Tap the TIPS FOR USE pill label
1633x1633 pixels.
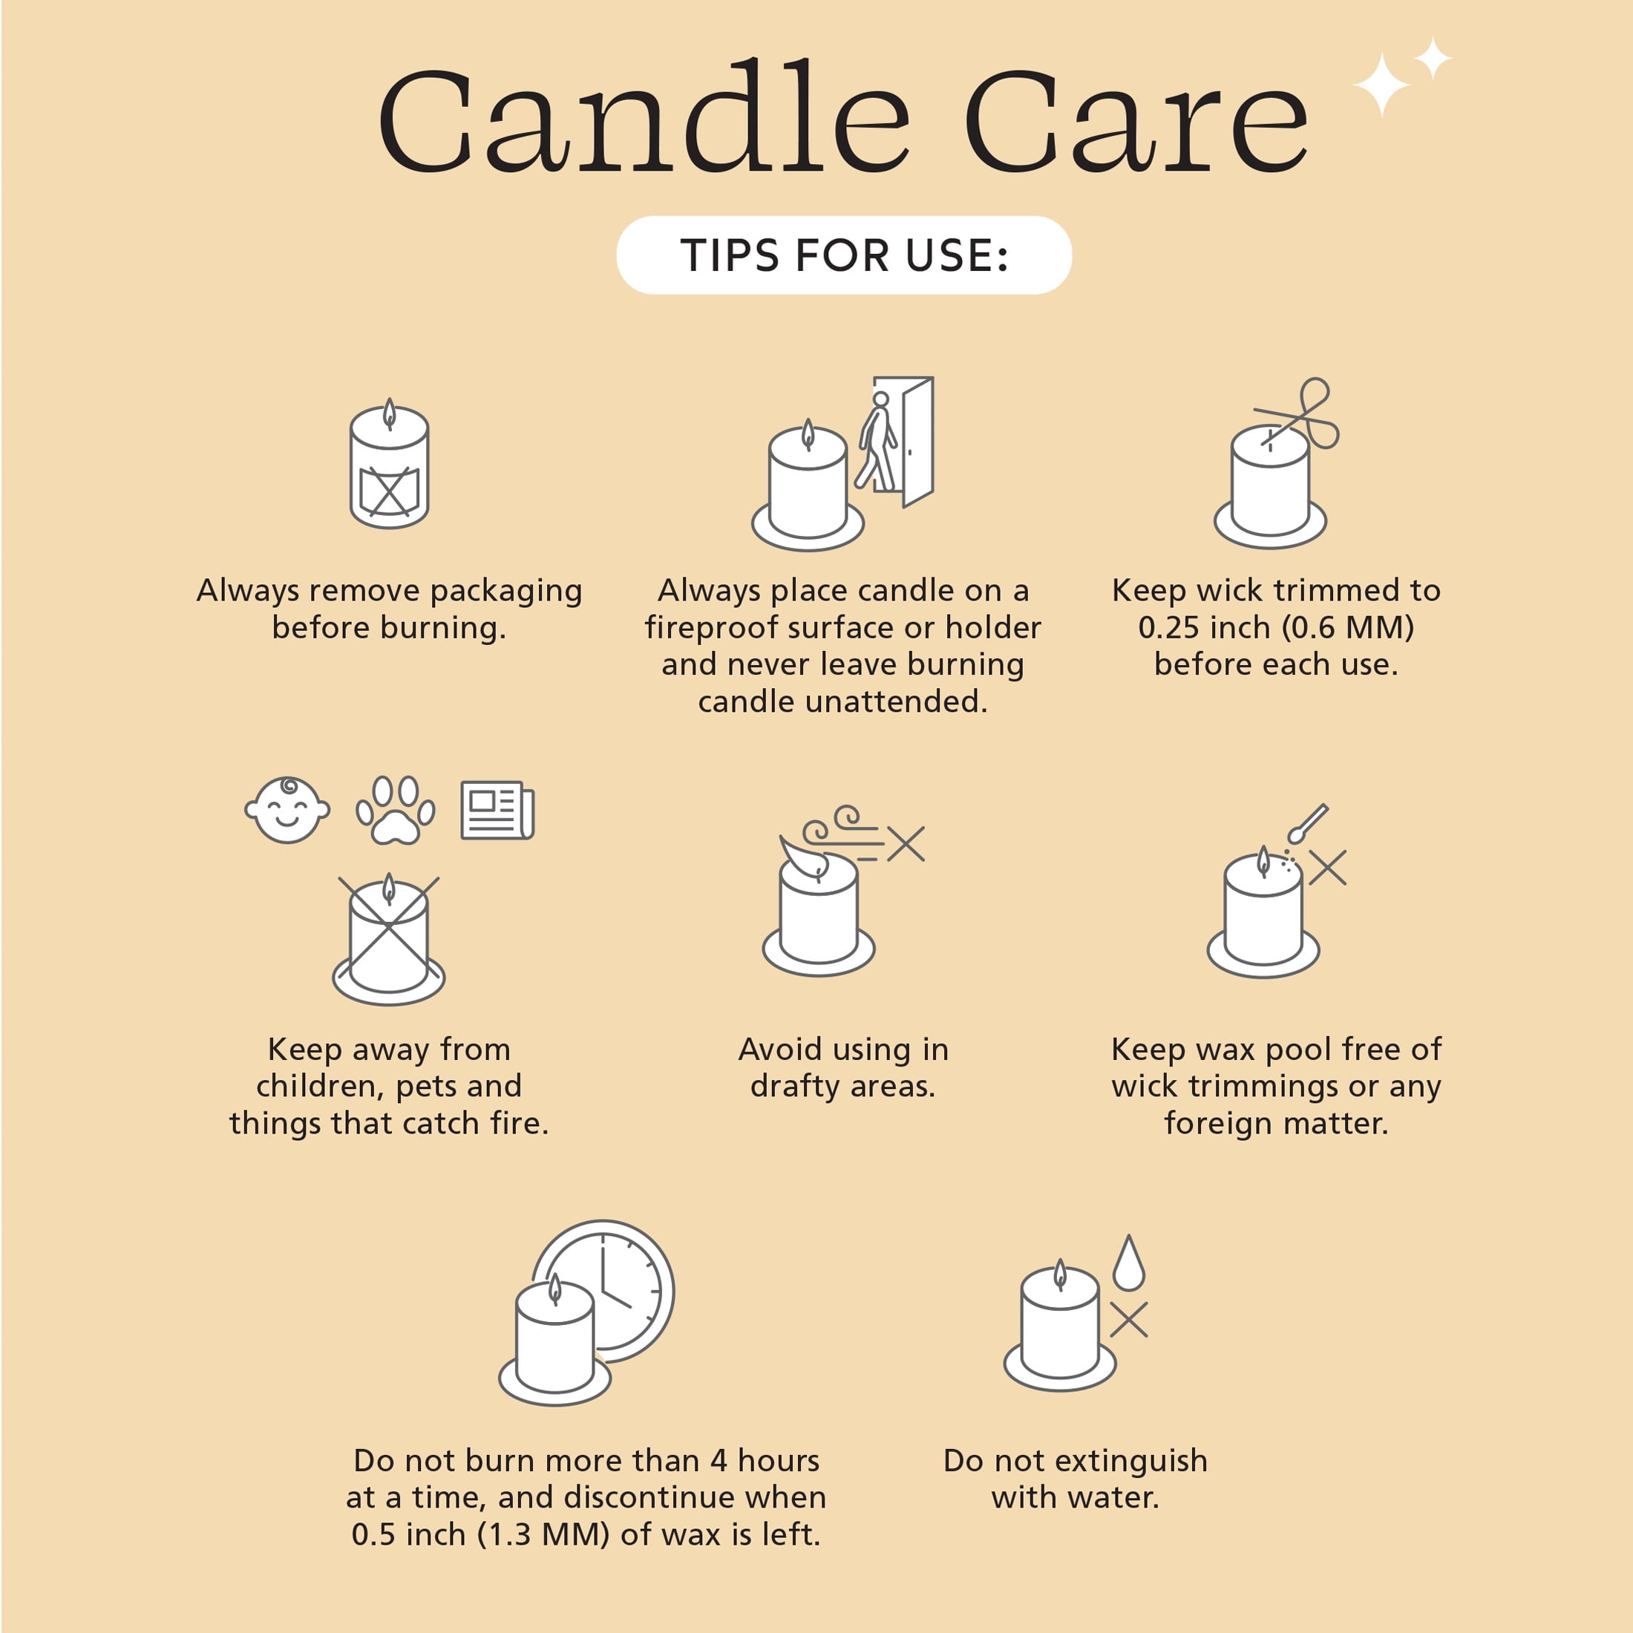(845, 255)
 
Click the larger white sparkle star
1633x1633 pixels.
(1381, 85)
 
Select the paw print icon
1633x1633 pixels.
(396, 811)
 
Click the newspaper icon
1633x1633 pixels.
(497, 811)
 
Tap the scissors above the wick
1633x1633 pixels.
(1298, 414)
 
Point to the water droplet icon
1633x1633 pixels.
(1128, 1263)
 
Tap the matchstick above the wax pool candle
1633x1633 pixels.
(1306, 823)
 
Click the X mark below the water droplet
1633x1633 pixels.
(1128, 1320)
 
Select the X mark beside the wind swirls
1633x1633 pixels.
(906, 843)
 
